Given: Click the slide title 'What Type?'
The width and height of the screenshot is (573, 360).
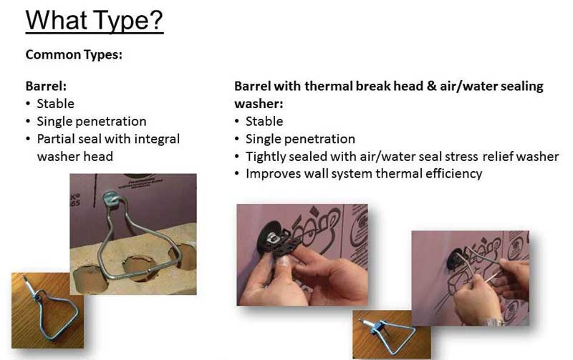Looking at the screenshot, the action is pos(95,21).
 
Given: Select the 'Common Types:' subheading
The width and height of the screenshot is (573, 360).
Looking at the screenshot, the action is pos(74,55).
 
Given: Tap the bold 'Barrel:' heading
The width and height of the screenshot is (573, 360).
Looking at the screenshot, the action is pos(46,86).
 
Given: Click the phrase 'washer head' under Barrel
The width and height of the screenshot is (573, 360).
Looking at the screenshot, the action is pos(75,157).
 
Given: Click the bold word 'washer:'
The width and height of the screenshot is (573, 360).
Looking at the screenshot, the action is pos(259,104).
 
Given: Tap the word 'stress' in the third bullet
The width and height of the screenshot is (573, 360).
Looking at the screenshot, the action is pos(461,157).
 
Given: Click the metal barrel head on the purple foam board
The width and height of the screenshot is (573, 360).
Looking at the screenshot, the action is pos(111,198).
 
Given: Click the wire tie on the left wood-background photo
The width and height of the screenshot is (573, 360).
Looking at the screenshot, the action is pos(51,311).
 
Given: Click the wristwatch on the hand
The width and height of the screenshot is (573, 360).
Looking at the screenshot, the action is pos(495,322).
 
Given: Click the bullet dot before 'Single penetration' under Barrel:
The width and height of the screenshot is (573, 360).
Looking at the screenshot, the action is pos(28,121).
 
